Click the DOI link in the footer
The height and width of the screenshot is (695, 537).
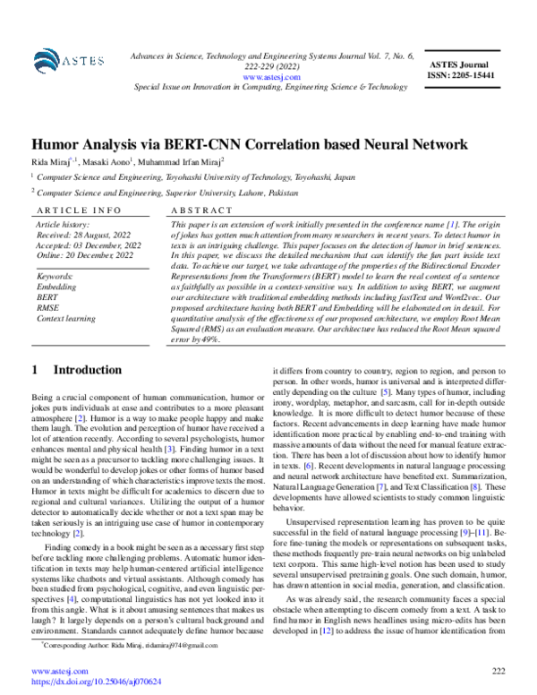point(97,682)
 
